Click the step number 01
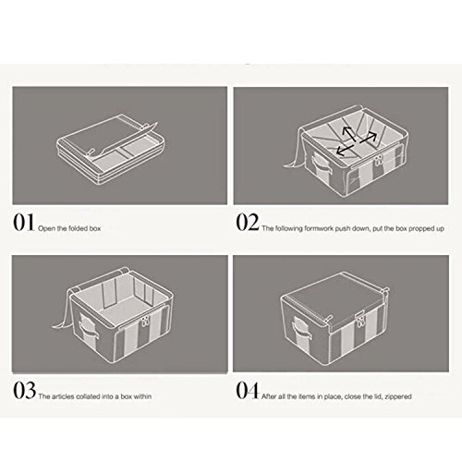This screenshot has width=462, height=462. pos(24,223)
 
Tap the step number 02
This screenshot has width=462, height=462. pos(248,223)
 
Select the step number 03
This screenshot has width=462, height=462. pos(24,390)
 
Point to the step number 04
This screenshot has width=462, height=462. pos(248,390)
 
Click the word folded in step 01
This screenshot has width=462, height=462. pos(78,228)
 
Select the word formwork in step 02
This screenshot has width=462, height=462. pos(319,228)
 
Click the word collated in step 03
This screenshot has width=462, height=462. pos(88,396)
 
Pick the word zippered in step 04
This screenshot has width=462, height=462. pos(398,396)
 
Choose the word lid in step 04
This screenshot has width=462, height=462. pos(378,396)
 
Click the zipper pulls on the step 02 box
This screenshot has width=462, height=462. pos(378,160)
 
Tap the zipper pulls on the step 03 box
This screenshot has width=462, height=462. pos(144,323)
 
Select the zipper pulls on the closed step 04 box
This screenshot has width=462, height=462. pos(359,317)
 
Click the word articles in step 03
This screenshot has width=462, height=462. pos(61,396)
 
